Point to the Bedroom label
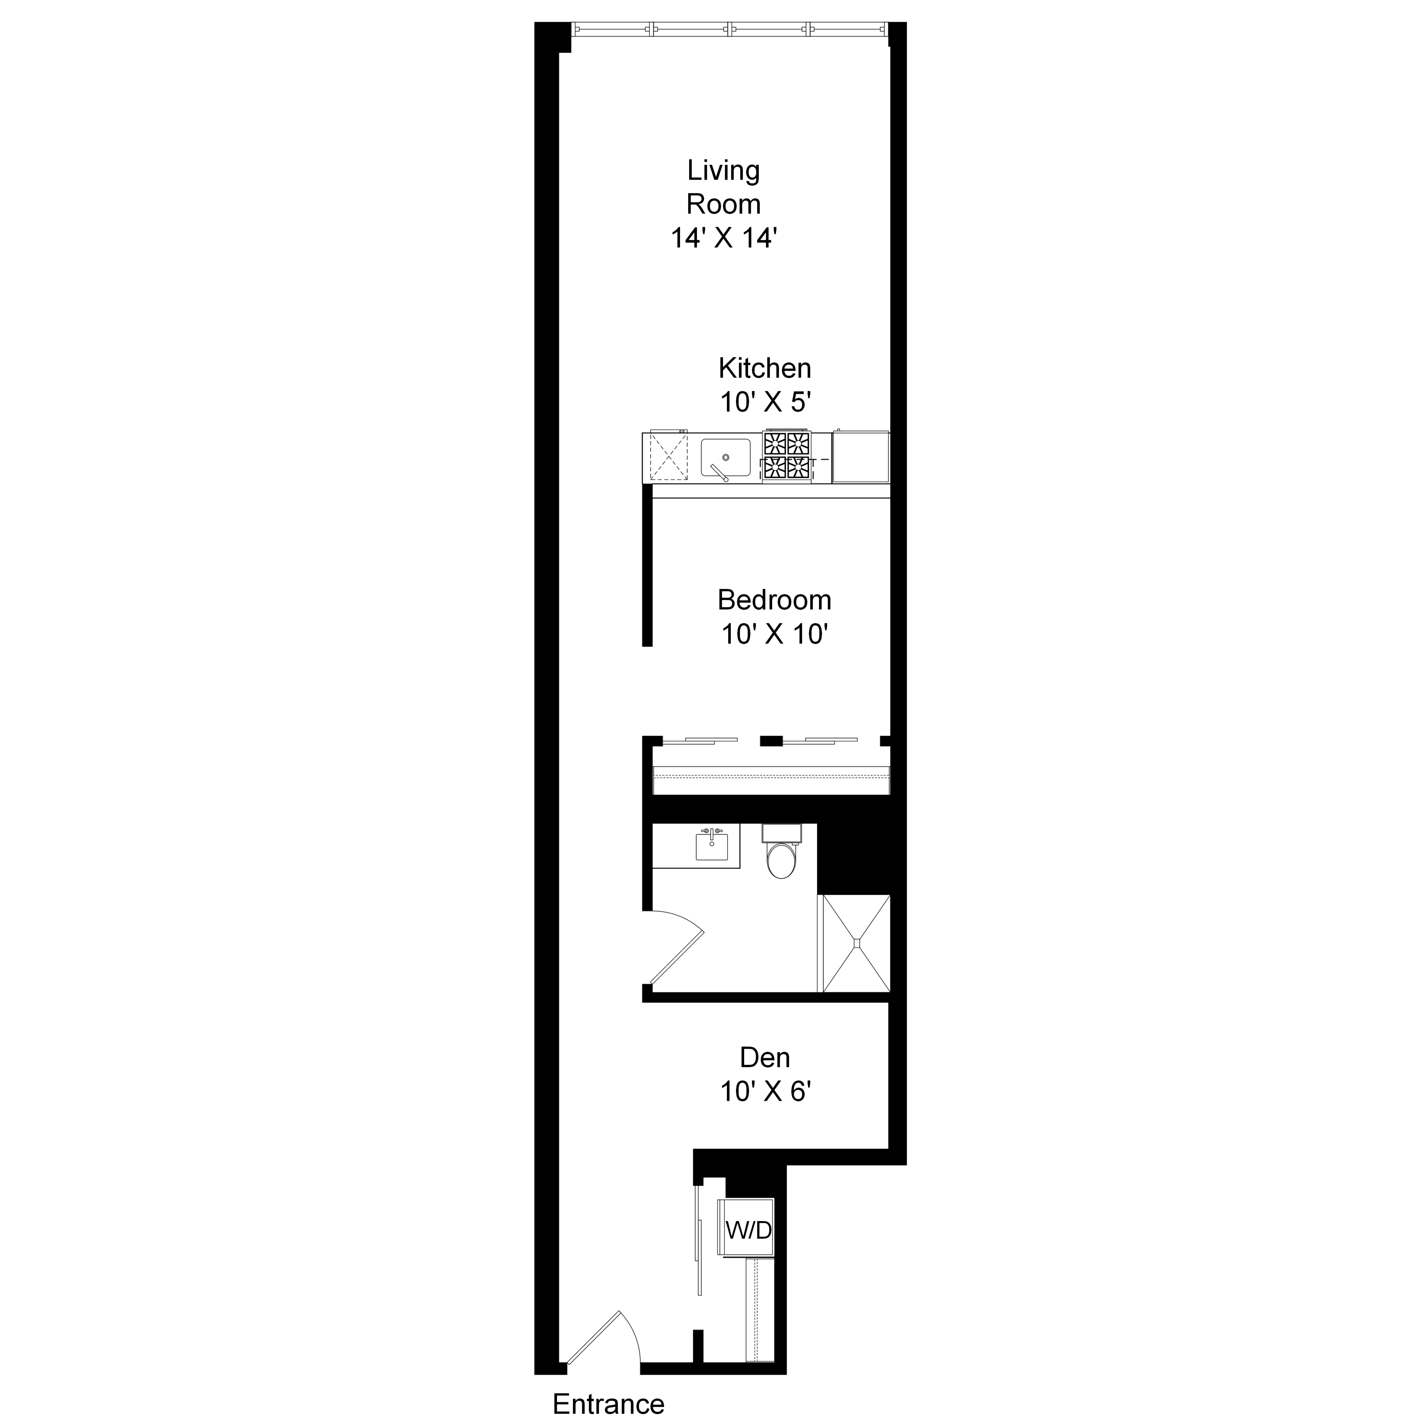[774, 600]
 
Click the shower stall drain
[857, 943]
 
